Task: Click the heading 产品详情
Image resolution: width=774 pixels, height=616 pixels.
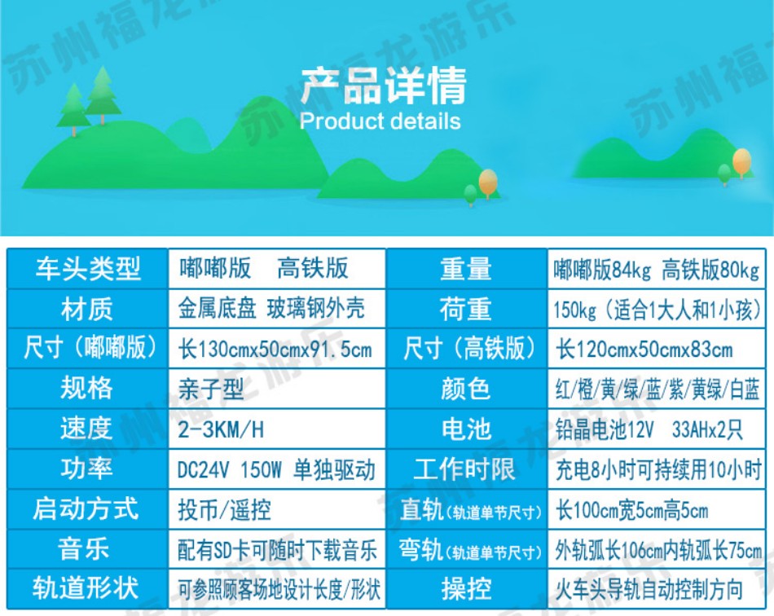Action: click(x=384, y=86)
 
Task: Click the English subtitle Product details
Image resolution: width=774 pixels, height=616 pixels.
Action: click(x=380, y=121)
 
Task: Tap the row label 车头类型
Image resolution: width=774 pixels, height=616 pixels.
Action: click(x=88, y=269)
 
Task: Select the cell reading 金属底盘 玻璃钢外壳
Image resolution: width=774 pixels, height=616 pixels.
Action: click(x=271, y=309)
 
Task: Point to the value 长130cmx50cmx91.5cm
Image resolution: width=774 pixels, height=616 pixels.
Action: click(x=275, y=350)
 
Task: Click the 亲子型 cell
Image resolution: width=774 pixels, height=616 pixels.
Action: click(x=211, y=389)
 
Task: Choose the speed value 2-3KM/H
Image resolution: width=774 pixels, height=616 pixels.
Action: click(x=221, y=429)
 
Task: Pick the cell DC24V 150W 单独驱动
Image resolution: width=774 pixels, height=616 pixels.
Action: click(x=276, y=469)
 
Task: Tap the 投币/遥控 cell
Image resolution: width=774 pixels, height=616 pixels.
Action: click(x=224, y=510)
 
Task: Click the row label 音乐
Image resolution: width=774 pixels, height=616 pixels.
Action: click(x=83, y=549)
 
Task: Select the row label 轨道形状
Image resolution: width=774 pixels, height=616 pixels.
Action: click(x=86, y=588)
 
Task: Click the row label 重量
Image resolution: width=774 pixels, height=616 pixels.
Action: click(x=466, y=270)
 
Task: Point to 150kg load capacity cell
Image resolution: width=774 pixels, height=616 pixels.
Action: click(x=657, y=310)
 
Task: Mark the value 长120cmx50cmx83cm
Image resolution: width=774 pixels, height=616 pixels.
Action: click(x=644, y=350)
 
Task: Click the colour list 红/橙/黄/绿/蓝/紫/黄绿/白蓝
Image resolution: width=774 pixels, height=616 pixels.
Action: click(x=657, y=389)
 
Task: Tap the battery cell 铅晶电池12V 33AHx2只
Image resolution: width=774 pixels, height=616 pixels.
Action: click(x=649, y=429)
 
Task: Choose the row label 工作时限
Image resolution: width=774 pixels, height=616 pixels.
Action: click(x=464, y=469)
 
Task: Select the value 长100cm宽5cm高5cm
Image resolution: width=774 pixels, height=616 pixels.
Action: click(x=632, y=510)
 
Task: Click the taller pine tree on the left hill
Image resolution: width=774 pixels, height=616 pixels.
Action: click(x=103, y=95)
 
